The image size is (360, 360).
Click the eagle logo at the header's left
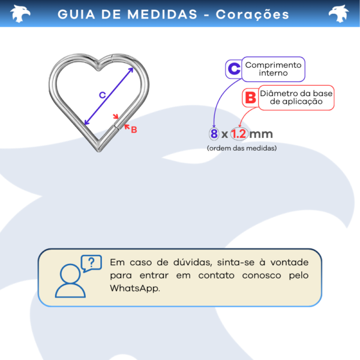coord(20,14)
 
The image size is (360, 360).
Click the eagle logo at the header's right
coord(338,14)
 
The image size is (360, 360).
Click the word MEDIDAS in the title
coord(162,14)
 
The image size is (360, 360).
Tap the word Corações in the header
coord(252,15)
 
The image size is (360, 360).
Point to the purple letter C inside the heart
coord(103,95)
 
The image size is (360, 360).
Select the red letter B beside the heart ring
coord(134,130)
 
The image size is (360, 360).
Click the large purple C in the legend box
coord(234,68)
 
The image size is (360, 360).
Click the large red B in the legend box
coord(250,98)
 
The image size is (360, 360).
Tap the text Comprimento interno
coord(273,69)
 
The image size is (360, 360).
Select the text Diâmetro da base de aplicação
coord(296,97)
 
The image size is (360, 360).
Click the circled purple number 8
coord(214,134)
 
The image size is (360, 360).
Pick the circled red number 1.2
coord(239,134)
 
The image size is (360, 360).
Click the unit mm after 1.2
coord(261,134)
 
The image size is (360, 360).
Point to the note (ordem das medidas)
coord(242,148)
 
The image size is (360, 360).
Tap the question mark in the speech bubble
coord(91,262)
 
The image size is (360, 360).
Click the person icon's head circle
coord(70,274)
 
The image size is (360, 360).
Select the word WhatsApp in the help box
coord(135,288)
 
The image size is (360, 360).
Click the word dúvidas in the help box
coord(193,262)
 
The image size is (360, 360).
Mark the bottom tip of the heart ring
coord(99,151)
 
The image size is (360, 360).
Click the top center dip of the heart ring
coord(99,67)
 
